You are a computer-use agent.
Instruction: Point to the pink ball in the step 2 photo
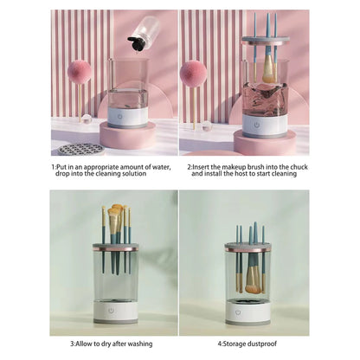pyautogui.click(x=193, y=72)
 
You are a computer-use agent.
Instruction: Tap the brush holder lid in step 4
pyautogui.click(x=247, y=247)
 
